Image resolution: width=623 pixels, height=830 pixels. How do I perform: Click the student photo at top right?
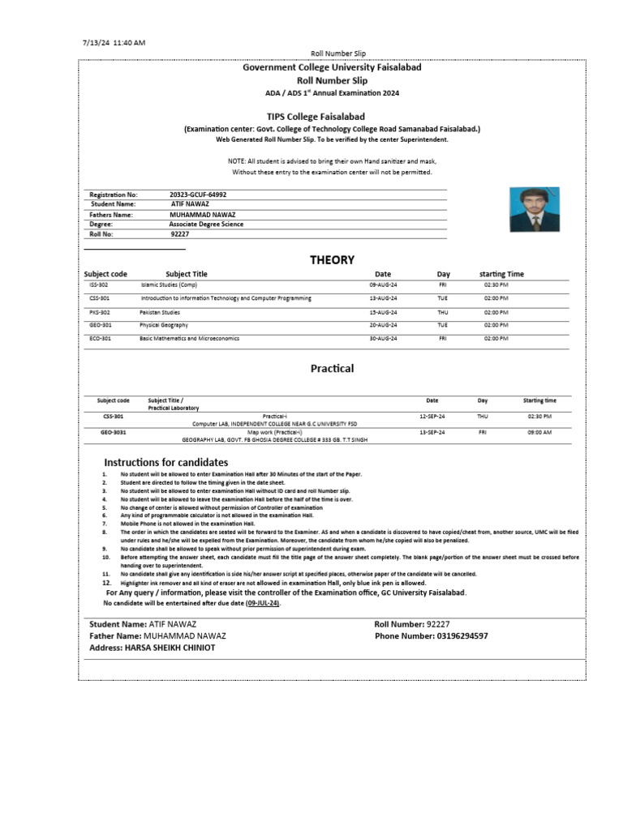[x=535, y=209]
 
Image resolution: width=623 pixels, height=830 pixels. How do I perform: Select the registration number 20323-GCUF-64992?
[x=198, y=195]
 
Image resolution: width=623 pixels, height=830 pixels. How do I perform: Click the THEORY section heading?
[x=332, y=260]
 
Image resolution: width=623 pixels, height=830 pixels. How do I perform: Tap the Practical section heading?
[x=332, y=368]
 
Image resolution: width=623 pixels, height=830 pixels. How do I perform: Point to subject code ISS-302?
[x=99, y=285]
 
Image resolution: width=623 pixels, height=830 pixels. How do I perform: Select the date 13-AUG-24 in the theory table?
[x=383, y=298]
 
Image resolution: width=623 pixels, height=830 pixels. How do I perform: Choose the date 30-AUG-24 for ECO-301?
[x=383, y=338]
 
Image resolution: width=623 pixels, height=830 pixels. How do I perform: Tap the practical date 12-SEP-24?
[x=432, y=416]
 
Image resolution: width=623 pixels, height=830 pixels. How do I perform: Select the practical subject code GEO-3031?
[x=112, y=433]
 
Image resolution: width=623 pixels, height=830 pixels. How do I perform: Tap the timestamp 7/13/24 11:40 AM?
[x=114, y=42]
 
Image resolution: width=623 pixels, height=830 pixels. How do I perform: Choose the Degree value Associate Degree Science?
[x=206, y=225]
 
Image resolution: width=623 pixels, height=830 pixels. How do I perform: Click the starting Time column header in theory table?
[x=501, y=274]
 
